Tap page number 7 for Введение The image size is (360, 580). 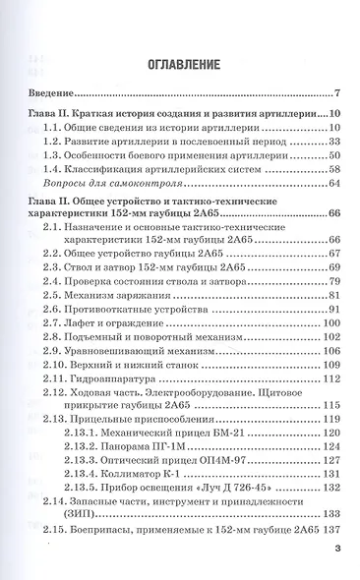pyautogui.click(x=336, y=92)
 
